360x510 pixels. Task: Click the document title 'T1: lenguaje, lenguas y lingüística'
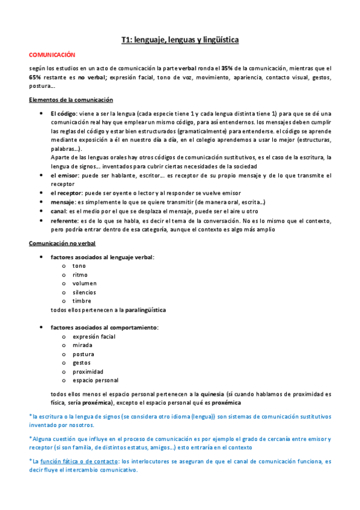pos(180,40)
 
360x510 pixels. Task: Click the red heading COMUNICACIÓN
pos(53,54)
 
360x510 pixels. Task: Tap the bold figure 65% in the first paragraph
pos(35,77)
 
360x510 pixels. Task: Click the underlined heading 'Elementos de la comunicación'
pos(71,99)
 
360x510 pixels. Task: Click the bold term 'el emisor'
pos(63,176)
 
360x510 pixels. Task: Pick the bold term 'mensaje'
pos(62,203)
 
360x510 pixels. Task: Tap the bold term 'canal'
pos(58,212)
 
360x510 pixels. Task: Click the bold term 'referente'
pos(64,221)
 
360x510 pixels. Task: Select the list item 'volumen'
pos(84,283)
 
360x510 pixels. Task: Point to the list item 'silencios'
pos(84,292)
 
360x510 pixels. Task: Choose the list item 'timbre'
pos(82,301)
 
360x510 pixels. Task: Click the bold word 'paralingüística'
pos(145,310)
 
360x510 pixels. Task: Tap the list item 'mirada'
pos(82,345)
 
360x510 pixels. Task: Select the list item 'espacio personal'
pos(95,380)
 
